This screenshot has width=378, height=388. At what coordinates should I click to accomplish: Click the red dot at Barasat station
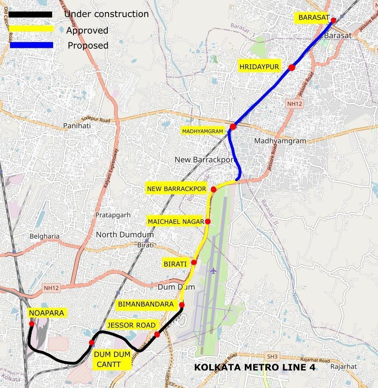pyautogui.click(x=333, y=20)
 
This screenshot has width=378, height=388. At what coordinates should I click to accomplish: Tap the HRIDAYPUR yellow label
pyautogui.click(x=259, y=67)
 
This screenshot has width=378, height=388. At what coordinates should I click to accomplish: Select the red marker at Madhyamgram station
pyautogui.click(x=233, y=126)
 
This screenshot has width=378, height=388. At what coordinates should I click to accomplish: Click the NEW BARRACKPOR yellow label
pyautogui.click(x=176, y=189)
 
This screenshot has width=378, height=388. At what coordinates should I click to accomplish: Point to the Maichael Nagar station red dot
pyautogui.click(x=208, y=222)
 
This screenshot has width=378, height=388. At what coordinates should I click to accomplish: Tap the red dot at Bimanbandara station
pyautogui.click(x=182, y=305)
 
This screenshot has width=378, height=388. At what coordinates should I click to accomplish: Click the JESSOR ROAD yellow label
pyautogui.click(x=131, y=325)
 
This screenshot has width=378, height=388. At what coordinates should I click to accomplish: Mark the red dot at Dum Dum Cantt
pyautogui.click(x=91, y=343)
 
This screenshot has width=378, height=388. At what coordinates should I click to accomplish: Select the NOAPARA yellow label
pyautogui.click(x=46, y=313)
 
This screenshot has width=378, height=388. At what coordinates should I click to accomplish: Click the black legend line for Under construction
pyautogui.click(x=30, y=14)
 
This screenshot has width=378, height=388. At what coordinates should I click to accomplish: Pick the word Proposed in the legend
pyautogui.click(x=88, y=45)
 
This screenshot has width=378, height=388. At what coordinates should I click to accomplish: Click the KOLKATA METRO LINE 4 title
pyautogui.click(x=255, y=367)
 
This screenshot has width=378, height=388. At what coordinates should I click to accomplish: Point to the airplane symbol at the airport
pyautogui.click(x=213, y=271)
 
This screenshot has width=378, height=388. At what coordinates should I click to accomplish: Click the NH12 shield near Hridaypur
pyautogui.click(x=294, y=103)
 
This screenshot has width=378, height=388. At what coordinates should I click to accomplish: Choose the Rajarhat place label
pyautogui.click(x=343, y=366)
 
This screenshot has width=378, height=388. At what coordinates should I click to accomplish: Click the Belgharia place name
pyautogui.click(x=44, y=236)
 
